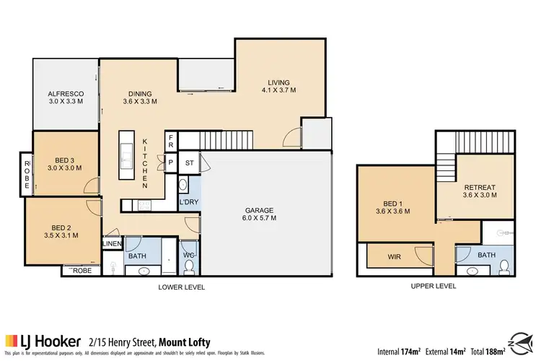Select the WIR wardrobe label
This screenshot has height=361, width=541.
click(x=395, y=256)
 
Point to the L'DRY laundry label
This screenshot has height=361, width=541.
click(x=188, y=201)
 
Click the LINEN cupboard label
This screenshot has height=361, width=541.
click(x=113, y=244)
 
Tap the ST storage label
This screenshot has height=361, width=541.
click(x=189, y=163)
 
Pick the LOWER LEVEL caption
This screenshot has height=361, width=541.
click(x=182, y=287)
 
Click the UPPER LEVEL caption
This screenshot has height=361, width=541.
click(x=433, y=287)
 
